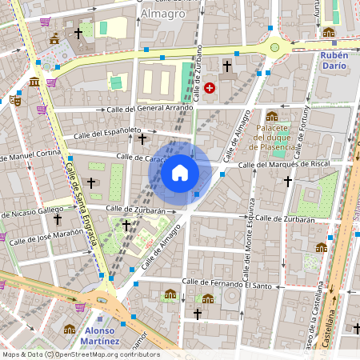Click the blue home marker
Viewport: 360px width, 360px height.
coord(180,173)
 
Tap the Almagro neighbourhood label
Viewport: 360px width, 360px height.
coord(162,14)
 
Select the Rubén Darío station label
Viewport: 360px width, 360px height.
coord(334,61)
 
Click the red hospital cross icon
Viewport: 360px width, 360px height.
coord(210,88)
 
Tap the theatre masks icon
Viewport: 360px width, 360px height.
coord(15,101)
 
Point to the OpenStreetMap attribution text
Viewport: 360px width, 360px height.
coord(81,354)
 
